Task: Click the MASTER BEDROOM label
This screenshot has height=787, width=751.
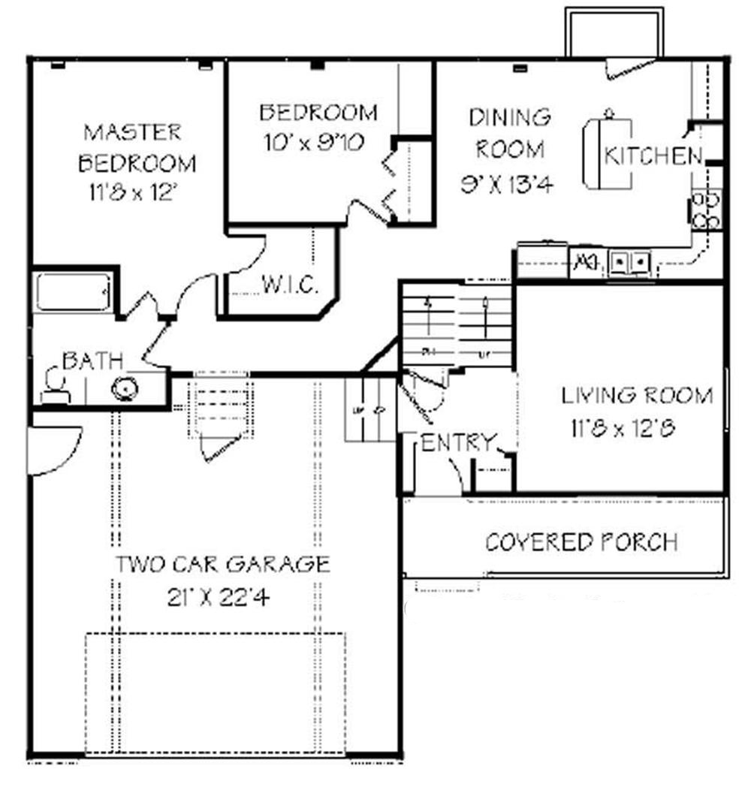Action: point(132,148)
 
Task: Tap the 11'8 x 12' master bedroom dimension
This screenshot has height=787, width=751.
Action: point(132,193)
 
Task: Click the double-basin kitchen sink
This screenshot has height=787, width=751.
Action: point(629,263)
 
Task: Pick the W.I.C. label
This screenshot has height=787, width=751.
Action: point(291,285)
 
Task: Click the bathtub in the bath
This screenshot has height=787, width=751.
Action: point(73,291)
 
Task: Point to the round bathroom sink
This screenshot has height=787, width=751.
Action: point(125,388)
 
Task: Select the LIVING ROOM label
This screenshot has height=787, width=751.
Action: point(637,395)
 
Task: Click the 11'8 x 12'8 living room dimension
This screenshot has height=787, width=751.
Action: point(623,428)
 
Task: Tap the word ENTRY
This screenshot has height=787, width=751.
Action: point(458,442)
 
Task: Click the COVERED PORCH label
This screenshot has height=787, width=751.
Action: point(581,541)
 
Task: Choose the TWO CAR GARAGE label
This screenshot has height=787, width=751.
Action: point(222,563)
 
